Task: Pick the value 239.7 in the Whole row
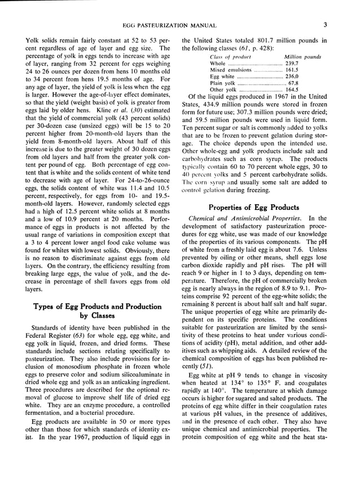coord(292,64)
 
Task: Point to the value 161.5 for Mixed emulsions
coord(292,70)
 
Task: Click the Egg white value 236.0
coord(292,76)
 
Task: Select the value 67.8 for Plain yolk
coord(293,83)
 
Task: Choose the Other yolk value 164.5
coord(292,89)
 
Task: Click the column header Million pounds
coord(302,57)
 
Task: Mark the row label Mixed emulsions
coord(231,70)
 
